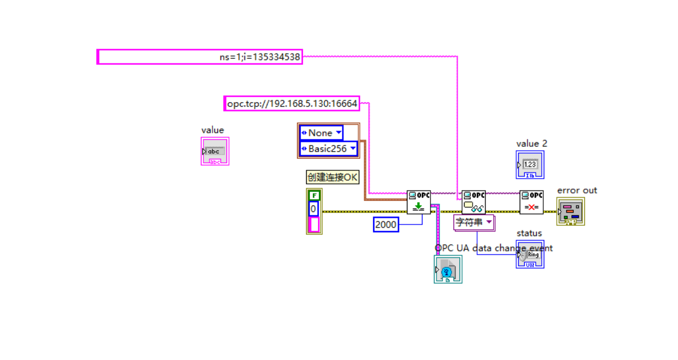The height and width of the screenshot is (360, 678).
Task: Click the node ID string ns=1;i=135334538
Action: [x=200, y=57]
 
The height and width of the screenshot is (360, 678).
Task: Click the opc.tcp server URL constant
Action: [x=292, y=104]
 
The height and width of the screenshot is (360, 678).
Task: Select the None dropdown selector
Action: [x=321, y=133]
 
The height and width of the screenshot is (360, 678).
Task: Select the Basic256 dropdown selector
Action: [x=329, y=148]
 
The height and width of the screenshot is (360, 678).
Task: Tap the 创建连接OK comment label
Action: [x=333, y=177]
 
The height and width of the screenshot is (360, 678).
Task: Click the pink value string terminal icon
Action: [x=215, y=151]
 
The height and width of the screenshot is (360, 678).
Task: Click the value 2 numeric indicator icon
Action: [x=530, y=164]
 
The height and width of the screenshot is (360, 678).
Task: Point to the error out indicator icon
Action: [x=570, y=212]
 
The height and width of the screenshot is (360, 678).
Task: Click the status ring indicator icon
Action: [x=530, y=254]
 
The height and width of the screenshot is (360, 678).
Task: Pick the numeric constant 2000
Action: [x=386, y=225]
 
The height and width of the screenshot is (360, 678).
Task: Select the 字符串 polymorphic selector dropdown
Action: [x=474, y=222]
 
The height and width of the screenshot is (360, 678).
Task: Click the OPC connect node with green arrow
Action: [x=418, y=202]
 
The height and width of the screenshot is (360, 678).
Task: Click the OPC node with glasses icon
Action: [x=473, y=202]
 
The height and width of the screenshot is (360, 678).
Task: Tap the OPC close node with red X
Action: [x=531, y=202]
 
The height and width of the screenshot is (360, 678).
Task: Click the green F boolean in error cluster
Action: [x=314, y=195]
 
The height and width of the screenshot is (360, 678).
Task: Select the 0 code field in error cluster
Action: [x=313, y=209]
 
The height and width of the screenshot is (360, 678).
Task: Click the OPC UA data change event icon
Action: [x=448, y=269]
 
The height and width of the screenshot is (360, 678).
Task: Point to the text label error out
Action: [x=577, y=191]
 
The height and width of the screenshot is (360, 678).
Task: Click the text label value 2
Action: [x=531, y=143]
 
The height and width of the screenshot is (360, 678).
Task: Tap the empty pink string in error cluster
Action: [x=314, y=224]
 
